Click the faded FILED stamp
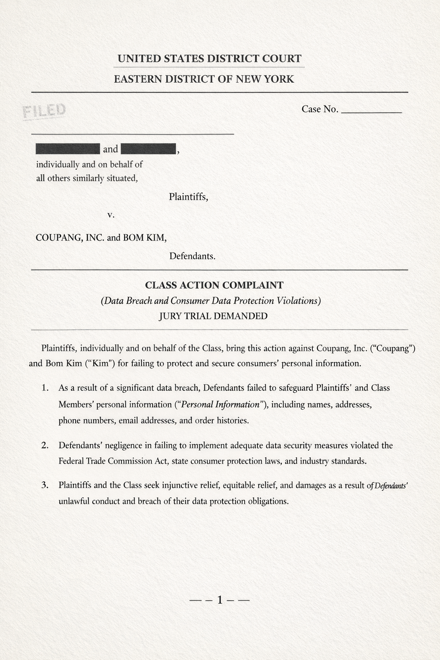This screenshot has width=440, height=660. point(45,111)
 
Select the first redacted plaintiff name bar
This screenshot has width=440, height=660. point(68,149)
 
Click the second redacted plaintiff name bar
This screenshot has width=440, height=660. point(149,149)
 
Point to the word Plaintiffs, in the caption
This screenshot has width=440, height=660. point(188,197)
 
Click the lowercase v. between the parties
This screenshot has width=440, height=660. point(111,215)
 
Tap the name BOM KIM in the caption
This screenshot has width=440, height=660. point(144,238)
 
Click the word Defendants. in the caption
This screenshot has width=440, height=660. point(192,257)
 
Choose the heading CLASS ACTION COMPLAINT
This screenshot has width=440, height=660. point(214,285)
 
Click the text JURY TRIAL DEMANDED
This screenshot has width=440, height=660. point(213,316)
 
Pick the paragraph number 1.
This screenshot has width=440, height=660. point(45,388)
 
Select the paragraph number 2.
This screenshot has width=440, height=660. point(45,445)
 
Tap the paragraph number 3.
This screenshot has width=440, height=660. point(45,486)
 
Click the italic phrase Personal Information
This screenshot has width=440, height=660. point(221,404)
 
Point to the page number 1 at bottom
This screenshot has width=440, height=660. point(220,600)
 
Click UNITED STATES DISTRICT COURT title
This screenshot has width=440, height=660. point(209,59)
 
